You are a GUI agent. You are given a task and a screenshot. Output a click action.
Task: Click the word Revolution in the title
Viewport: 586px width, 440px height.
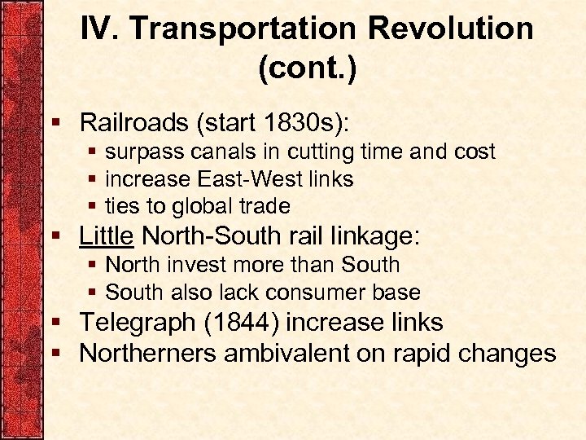click(x=452, y=29)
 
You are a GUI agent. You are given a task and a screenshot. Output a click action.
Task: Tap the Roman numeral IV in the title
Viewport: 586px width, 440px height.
click(x=99, y=29)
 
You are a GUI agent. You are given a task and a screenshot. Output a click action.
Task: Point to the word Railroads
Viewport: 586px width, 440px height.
click(x=134, y=123)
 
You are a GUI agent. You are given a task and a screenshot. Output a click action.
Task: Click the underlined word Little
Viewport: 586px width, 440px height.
click(x=106, y=236)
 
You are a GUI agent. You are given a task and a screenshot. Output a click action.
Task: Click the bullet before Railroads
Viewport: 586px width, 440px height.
click(x=56, y=124)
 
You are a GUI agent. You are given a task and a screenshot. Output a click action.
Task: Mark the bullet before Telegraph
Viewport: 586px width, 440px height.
click(x=56, y=323)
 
